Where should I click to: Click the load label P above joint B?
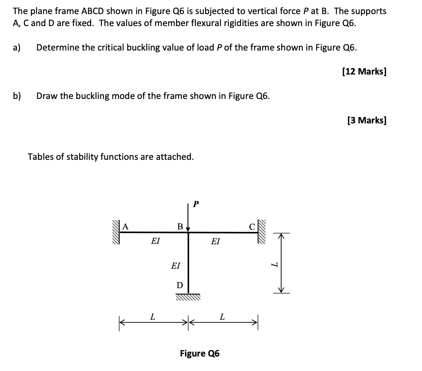196,204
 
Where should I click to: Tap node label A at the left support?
125,226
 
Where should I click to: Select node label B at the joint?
180,226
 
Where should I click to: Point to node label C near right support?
251,226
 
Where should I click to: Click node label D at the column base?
179,285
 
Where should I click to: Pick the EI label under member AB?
155,241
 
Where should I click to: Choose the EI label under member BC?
215,241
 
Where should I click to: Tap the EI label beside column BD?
176,265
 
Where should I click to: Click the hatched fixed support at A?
115,232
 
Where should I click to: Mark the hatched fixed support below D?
188,297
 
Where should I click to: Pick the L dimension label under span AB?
152,318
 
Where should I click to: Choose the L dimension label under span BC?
222,318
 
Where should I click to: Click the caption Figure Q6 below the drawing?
200,353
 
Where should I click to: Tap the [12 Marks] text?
364,72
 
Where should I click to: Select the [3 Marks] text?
367,120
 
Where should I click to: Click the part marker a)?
17,47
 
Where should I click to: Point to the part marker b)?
17,96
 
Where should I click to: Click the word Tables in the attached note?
40,157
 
